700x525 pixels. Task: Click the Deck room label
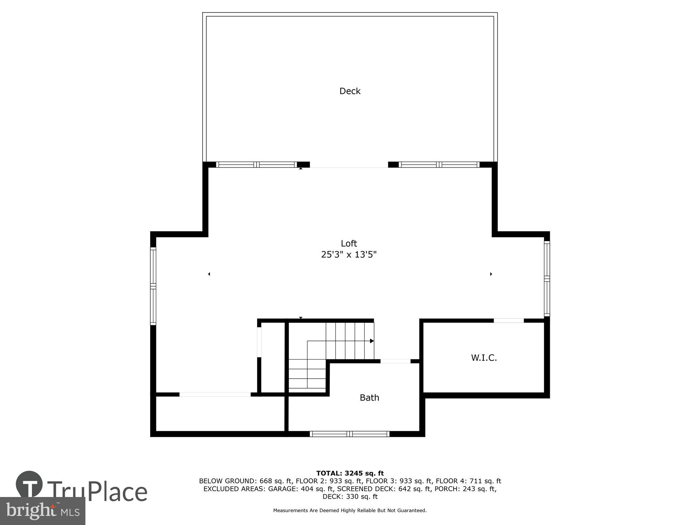pos(350,91)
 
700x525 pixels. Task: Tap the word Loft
pos(349,243)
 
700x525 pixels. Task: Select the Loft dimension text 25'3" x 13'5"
pos(349,254)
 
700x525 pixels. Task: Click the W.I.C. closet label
pos(484,358)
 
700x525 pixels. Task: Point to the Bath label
pos(369,398)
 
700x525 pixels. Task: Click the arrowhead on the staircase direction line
pos(372,341)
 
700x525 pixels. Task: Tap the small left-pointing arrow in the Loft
pos(209,274)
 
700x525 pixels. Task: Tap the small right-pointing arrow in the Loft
pos(491,274)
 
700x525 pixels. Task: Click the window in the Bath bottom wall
pos(350,434)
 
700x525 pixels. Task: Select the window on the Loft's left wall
pos(153,286)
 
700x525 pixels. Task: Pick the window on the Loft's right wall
pos(547,279)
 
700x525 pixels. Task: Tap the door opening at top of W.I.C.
pos(509,321)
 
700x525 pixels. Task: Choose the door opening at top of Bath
pos(395,361)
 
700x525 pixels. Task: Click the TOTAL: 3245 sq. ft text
pos(350,474)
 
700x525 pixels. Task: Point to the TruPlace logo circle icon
pos(29,484)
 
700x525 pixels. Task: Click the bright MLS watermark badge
pos(43,511)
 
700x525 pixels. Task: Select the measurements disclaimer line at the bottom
pos(350,511)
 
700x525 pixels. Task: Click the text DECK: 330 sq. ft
pos(350,497)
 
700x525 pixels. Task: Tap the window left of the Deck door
pos(257,164)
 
